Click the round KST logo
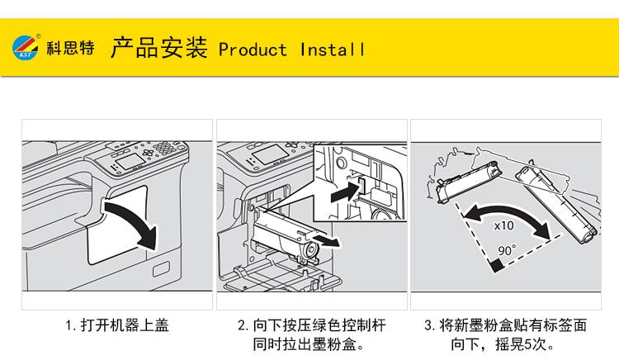click(26, 47)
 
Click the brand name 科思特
click(71, 48)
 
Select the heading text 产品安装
click(158, 48)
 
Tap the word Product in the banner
click(253, 50)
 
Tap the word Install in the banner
click(332, 50)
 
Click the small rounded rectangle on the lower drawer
click(161, 269)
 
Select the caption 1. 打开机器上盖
click(117, 325)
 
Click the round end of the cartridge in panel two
click(311, 250)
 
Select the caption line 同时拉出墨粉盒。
click(309, 344)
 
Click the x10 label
click(504, 225)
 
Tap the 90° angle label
click(507, 250)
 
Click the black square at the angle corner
click(497, 265)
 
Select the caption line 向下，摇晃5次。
click(504, 344)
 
